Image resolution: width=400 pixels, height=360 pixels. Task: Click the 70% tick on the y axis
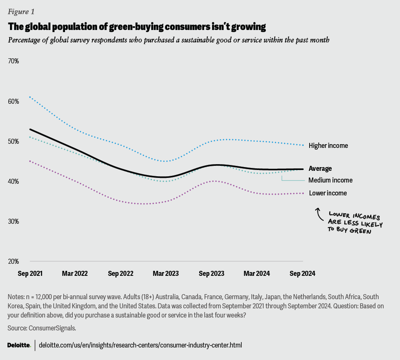click(14, 61)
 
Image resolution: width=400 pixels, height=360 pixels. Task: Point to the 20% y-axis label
click(14, 261)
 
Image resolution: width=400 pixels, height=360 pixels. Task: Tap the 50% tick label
click(14, 141)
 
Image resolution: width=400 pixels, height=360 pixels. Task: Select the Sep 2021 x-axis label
click(30, 274)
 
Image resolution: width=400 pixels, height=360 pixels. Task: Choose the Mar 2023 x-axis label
click(166, 274)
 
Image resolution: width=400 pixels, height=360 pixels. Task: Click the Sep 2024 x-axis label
click(302, 274)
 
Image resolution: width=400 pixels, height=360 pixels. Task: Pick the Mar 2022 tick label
click(75, 274)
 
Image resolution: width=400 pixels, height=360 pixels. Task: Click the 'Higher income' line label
click(328, 146)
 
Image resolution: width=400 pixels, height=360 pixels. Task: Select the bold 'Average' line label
click(320, 169)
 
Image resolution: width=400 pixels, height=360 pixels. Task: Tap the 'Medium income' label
click(330, 180)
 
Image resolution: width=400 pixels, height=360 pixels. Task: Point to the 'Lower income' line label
click(327, 193)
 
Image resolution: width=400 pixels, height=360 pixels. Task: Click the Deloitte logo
click(19, 345)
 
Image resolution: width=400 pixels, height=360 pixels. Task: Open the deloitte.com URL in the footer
click(140, 345)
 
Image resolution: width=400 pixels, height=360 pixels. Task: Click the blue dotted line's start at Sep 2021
click(30, 97)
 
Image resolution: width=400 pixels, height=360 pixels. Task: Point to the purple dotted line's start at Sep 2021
click(30, 161)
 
